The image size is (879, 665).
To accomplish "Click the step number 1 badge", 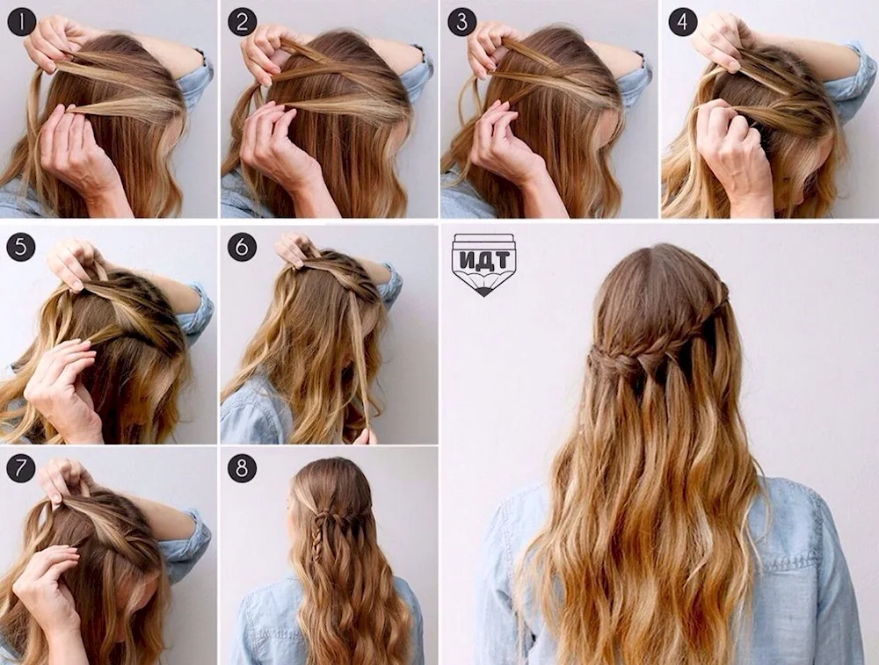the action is (22, 23).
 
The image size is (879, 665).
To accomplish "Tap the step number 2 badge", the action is (243, 23).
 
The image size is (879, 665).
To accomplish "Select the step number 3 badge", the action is (462, 23).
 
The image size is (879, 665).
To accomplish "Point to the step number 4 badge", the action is (682, 23).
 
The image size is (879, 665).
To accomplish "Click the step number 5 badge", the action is (21, 247).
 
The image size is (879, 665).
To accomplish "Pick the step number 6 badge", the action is (243, 247).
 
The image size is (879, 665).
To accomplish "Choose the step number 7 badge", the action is (21, 468).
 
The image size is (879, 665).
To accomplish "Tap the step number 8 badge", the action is (243, 468).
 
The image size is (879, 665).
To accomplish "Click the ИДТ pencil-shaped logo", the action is (483, 264).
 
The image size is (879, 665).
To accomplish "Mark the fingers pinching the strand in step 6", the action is (370, 435).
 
